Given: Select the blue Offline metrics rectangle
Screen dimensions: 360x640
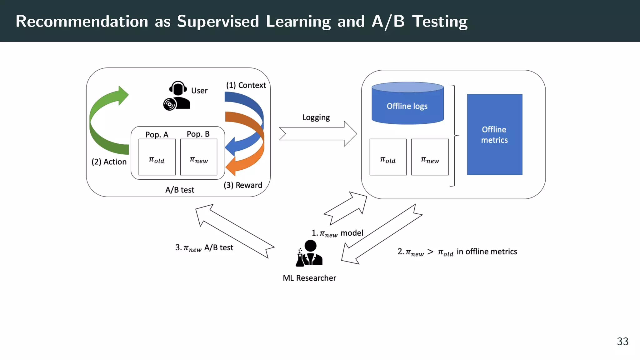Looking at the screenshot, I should pos(494,134).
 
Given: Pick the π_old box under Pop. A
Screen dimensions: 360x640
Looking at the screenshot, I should pos(157,157).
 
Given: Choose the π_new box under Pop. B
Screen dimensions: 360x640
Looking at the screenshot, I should pos(198,157).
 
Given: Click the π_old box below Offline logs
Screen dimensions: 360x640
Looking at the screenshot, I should pos(388,157).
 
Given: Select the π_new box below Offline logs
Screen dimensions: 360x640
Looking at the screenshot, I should pos(430,157).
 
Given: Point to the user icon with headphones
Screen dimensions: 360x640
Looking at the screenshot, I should pos(177,96).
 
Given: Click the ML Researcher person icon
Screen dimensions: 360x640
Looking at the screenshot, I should pos(309,253).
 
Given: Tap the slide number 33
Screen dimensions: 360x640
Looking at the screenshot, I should pos(622,341).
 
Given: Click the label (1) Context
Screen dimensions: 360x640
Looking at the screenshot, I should pos(246,85).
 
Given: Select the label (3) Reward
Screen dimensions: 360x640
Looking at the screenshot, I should pos(243,185).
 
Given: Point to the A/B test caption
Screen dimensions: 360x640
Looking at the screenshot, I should pos(180,190).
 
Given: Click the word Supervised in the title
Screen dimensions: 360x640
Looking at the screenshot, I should pos(218,22).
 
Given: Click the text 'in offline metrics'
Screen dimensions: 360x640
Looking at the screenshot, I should pos(487,252).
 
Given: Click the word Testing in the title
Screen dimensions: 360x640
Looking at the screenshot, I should pos(440,22).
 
